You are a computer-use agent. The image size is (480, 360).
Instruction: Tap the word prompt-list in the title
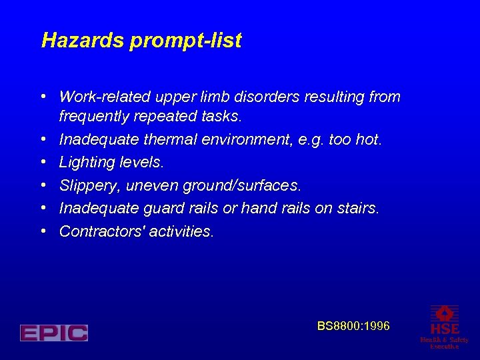tap(186, 41)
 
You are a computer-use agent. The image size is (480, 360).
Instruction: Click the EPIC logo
tap(54, 333)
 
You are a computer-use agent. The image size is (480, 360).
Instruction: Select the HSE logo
tap(445, 320)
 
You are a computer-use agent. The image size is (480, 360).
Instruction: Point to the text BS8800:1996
tap(353, 326)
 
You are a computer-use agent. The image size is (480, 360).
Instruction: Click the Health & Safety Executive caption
tap(444, 343)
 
